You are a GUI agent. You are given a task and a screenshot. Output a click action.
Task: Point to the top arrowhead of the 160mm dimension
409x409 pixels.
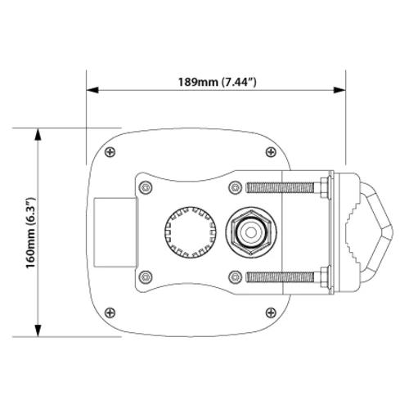[37, 131]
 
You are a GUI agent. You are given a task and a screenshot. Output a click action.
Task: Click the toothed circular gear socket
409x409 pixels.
[187, 231]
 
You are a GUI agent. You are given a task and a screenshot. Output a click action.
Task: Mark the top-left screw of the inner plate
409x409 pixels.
[146, 187]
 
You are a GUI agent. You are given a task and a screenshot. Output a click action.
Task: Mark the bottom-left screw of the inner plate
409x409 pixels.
[146, 276]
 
